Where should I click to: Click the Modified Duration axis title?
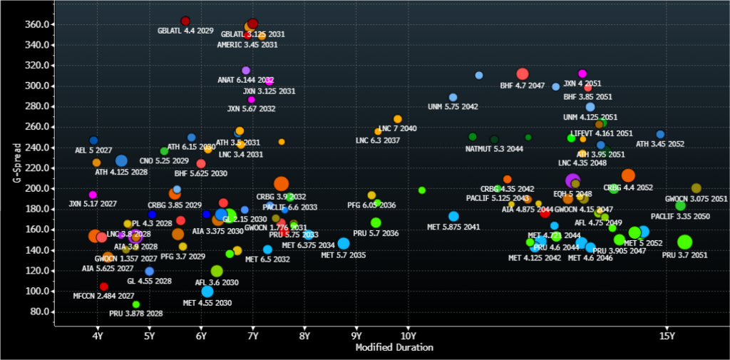tap(394, 348)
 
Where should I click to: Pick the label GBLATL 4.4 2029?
tap(185, 31)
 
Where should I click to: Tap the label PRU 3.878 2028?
tap(135, 314)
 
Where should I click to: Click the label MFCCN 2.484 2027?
tap(103, 296)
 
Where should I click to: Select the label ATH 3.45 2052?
tap(660, 144)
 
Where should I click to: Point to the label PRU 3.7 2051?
tap(684, 255)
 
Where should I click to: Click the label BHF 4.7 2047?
tap(523, 86)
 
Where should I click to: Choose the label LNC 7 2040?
tap(398, 128)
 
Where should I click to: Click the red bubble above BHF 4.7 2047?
tap(523, 74)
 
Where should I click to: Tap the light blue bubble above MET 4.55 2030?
tap(207, 292)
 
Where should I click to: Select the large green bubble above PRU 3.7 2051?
tap(685, 242)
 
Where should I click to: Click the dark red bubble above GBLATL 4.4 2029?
tap(185, 21)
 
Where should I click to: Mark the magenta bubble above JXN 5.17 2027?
tap(93, 195)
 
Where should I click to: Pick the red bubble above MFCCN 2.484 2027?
tap(103, 287)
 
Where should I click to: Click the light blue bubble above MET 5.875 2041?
tap(453, 217)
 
